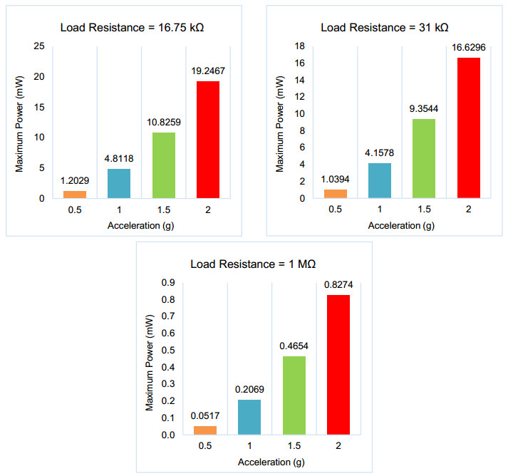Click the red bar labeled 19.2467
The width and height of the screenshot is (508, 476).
coord(207,140)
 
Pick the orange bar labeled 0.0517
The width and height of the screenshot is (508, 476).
coord(205,430)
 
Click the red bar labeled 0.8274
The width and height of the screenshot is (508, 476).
coord(338,364)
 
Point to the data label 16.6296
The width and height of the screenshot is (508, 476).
coord(469,49)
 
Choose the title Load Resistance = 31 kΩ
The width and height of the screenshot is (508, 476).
coord(385,28)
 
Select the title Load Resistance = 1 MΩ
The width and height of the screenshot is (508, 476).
coord(253,264)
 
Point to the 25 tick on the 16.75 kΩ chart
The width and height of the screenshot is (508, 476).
coord(39,47)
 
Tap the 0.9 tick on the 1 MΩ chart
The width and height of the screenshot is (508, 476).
coord(167,283)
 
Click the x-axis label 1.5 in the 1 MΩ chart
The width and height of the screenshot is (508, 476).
coord(294,447)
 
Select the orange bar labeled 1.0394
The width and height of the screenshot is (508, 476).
coord(335,194)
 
